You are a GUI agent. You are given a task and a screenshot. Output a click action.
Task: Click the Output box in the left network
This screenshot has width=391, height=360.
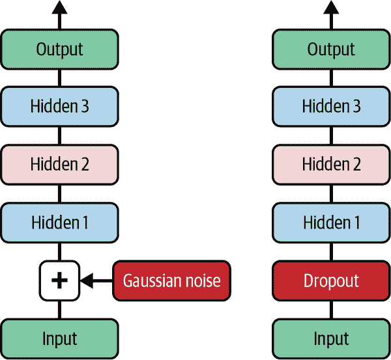point(59,49)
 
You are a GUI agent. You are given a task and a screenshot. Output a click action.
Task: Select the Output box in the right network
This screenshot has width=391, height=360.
point(331,49)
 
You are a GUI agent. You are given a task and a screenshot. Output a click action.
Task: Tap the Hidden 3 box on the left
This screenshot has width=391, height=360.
point(59,106)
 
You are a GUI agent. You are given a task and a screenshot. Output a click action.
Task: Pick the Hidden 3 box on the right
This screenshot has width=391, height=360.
point(331,106)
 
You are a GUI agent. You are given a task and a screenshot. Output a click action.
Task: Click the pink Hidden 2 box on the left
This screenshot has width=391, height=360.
point(59,164)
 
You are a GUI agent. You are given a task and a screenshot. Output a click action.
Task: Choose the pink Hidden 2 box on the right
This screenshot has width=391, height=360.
point(331,164)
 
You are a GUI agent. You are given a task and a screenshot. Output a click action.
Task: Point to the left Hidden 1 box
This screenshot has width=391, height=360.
point(59,222)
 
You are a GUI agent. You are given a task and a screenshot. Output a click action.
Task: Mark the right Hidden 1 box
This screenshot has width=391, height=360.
point(331,222)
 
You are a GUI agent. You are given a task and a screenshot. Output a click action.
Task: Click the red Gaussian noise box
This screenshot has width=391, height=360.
point(171,281)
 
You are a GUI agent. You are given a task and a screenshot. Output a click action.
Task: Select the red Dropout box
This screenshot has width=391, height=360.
point(331,281)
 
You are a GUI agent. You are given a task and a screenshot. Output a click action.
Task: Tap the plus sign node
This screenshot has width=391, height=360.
point(59,281)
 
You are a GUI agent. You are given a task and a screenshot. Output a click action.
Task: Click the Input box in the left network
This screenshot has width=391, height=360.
point(59,339)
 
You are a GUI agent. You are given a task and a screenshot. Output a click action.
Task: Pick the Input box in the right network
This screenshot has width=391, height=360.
point(331,339)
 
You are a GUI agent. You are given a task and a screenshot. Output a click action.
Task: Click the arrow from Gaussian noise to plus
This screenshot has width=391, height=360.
point(98,281)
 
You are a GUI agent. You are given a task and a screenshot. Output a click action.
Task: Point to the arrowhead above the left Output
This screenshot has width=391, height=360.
point(59,8)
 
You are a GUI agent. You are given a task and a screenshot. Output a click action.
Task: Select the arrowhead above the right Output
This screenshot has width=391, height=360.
point(331,8)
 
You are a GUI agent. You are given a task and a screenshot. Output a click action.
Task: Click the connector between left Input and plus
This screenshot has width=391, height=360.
point(59,309)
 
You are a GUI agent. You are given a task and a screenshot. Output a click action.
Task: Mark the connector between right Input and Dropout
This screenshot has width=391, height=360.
point(331,309)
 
